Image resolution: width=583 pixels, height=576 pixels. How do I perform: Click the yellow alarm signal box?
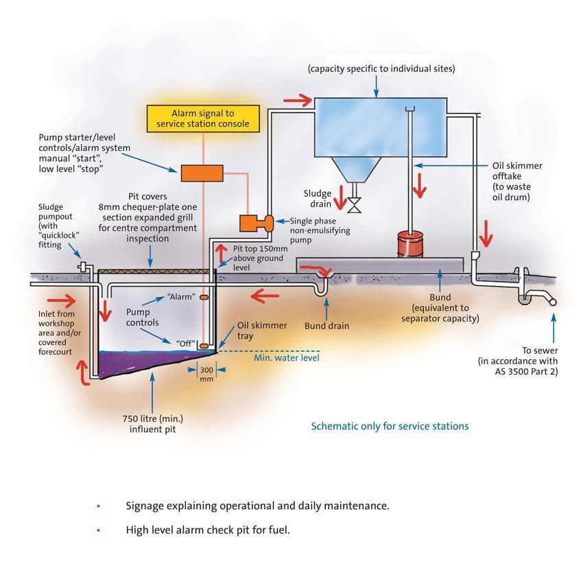click(x=203, y=119)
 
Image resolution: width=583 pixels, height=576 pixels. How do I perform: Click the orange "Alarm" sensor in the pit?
click(x=204, y=298)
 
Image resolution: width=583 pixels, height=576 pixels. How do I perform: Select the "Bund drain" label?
click(x=326, y=326)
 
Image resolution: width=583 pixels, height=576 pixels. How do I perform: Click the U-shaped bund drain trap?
click(x=322, y=284)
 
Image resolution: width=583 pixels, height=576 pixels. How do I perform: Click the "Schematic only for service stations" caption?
click(x=390, y=427)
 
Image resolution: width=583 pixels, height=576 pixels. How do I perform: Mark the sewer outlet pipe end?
click(x=551, y=301)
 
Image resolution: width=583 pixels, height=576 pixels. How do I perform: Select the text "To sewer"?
click(x=540, y=349)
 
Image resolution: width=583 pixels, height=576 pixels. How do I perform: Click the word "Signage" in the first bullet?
click(x=147, y=506)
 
